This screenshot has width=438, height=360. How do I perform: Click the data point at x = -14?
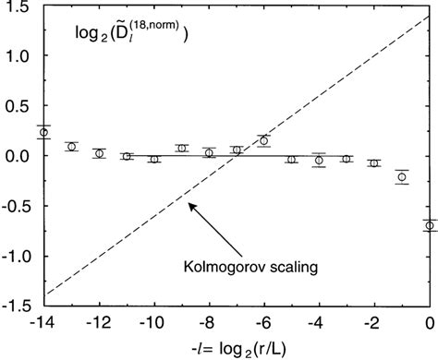pos(43,132)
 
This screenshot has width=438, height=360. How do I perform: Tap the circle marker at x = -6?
pos(264,140)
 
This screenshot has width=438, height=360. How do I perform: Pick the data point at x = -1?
pos(401,176)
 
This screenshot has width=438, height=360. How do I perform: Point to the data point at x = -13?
pos(71,147)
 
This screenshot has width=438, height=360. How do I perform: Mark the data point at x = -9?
pos(181,149)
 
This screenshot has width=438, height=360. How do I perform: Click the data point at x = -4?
pos(319,160)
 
